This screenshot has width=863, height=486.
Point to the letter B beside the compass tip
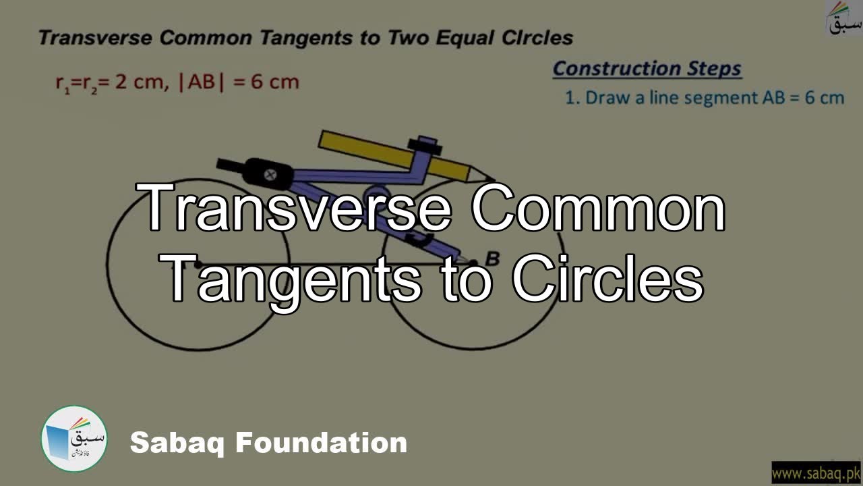pyautogui.click(x=493, y=259)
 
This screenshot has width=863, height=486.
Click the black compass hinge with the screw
pyautogui.click(x=270, y=173)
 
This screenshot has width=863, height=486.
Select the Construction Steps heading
pyautogui.click(x=647, y=68)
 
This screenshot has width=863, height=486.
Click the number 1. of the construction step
pyautogui.click(x=572, y=97)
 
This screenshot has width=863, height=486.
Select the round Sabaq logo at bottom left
pyautogui.click(x=74, y=439)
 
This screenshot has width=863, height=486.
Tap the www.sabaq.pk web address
pyautogui.click(x=815, y=473)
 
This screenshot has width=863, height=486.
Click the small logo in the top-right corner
pyautogui.click(x=844, y=18)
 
